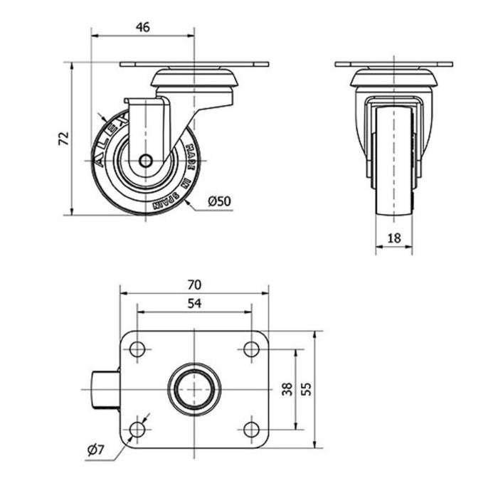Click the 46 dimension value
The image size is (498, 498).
[142, 27]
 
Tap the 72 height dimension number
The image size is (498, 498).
[64, 138]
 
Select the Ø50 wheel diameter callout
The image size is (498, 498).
[219, 201]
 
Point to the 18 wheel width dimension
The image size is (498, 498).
[394, 238]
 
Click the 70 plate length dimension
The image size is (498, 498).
[194, 285]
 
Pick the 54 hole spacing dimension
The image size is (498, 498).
[194, 303]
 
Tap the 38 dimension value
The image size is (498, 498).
[287, 389]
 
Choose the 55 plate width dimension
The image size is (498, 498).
[306, 389]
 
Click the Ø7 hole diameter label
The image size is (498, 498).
[95, 450]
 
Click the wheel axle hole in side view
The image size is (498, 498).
[145, 161]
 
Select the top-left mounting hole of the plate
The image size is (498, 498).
[137, 349]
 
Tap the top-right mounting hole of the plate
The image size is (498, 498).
[251, 349]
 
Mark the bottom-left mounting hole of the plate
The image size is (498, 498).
[137, 430]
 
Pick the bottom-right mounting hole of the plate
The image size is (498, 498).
[251, 430]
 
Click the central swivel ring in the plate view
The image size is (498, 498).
[171, 389]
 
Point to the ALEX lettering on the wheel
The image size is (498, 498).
[109, 139]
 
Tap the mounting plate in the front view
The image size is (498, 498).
[394, 64]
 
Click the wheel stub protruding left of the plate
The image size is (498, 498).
[106, 390]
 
